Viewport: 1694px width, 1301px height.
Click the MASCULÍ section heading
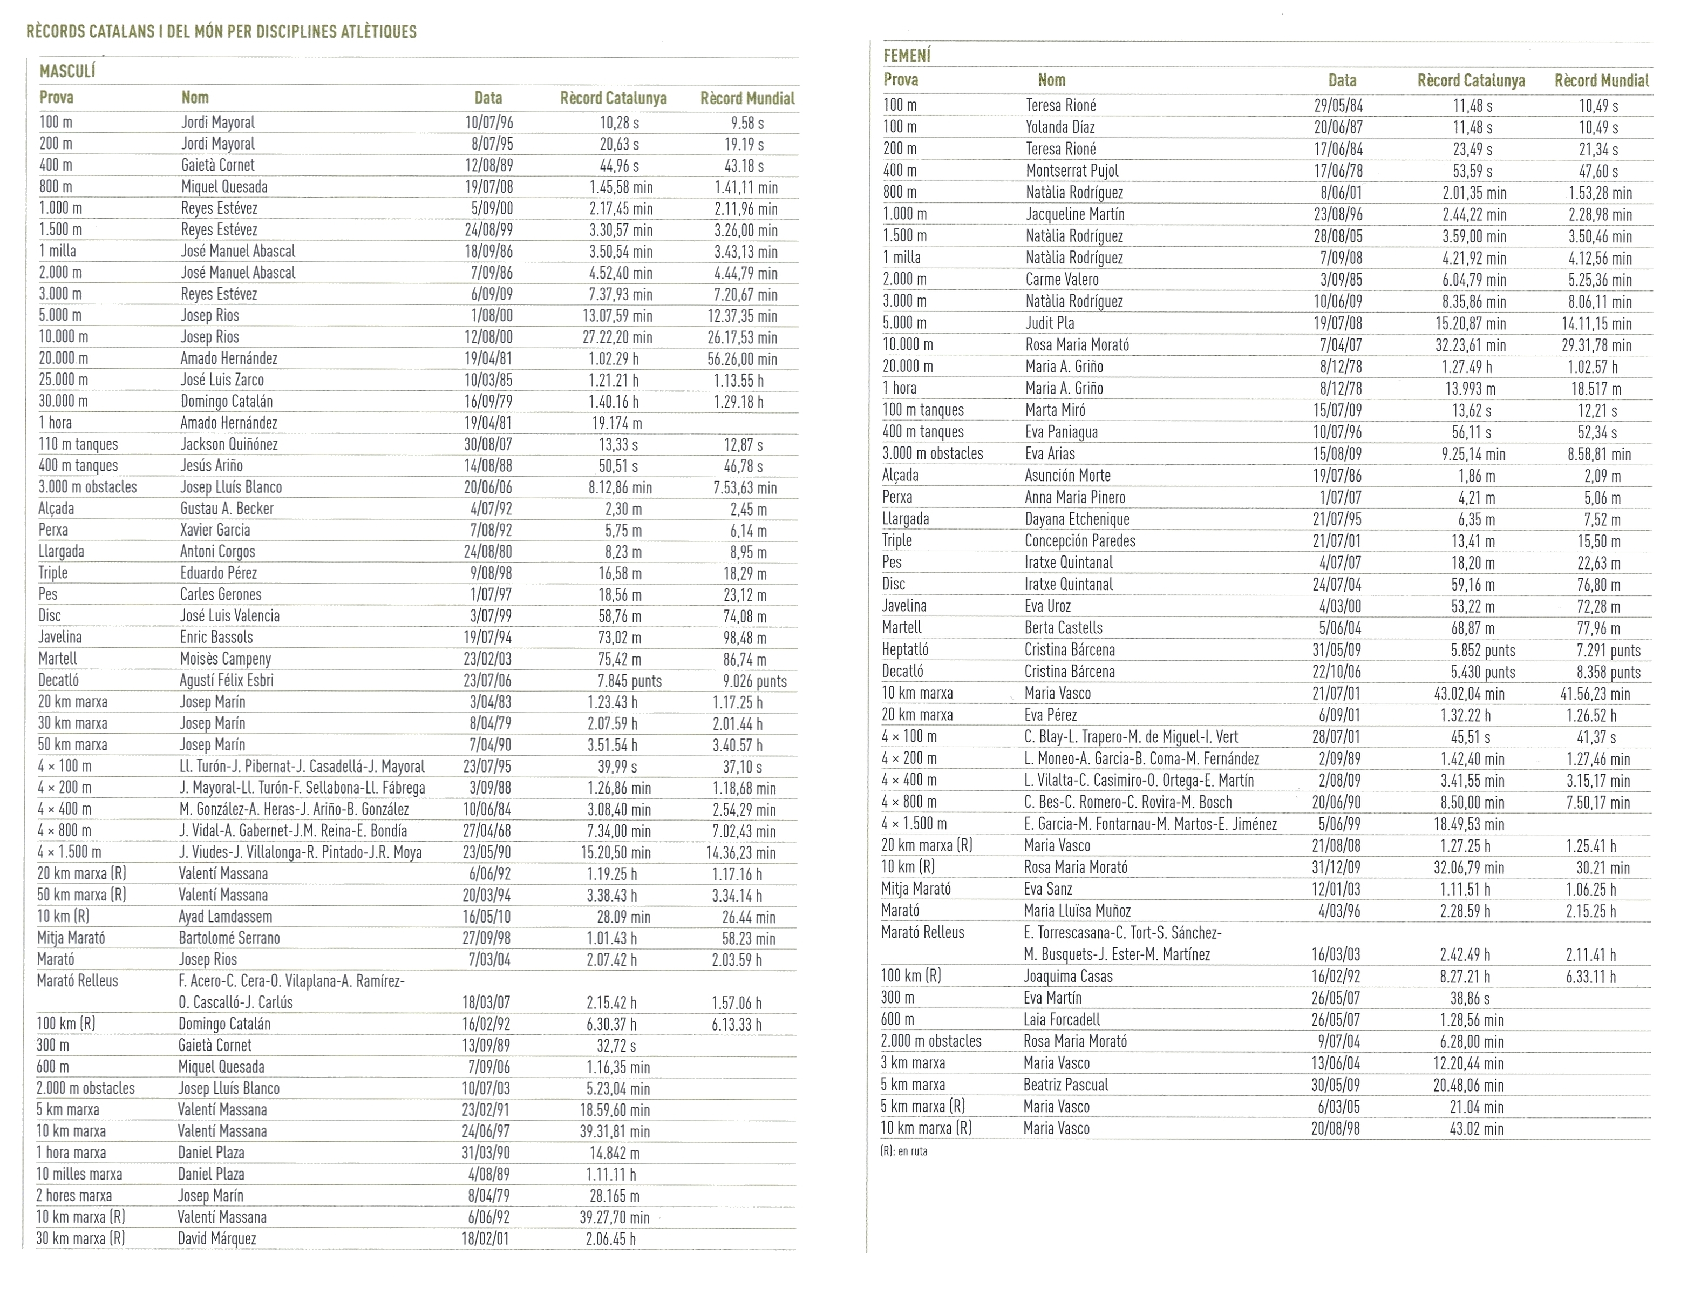67,72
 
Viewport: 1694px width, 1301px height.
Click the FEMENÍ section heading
907,56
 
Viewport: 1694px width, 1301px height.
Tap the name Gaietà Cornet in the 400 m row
217,165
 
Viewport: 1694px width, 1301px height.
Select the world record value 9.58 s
747,123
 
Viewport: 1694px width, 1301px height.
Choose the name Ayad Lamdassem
225,917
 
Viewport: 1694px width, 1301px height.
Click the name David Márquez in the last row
217,1238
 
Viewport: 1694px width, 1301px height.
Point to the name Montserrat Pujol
1072,171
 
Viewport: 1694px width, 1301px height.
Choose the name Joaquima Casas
1067,976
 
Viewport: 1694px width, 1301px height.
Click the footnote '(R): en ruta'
903,1151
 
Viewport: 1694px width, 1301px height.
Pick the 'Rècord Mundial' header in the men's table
747,98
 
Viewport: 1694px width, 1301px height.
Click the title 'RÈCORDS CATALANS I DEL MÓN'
221,32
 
